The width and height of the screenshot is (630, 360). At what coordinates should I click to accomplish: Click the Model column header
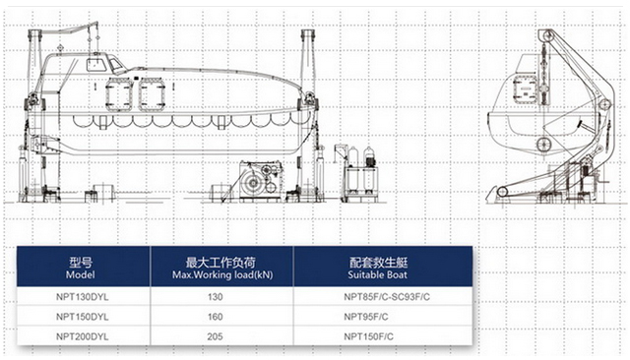coord(81,269)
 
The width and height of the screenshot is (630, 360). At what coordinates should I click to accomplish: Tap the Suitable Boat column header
coord(378,269)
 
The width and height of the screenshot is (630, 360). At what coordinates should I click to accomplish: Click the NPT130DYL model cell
coord(83,297)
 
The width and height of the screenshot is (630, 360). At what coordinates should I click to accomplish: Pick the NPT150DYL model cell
coord(83,317)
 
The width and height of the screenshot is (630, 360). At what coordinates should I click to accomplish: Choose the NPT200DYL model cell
coord(83,336)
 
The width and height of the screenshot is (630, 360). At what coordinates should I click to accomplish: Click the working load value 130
coord(215,297)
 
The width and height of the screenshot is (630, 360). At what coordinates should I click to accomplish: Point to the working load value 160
coord(215,317)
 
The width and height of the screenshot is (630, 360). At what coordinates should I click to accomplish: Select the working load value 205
coord(215,336)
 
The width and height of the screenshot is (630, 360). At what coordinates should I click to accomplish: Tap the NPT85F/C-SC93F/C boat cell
coord(387,297)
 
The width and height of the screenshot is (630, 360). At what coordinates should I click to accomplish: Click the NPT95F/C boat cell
coord(366,317)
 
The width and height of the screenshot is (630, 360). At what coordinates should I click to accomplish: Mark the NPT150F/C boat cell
coord(368,336)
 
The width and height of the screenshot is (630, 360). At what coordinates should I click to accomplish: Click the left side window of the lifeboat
coord(119,94)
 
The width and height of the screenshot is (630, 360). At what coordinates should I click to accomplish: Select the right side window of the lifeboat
coord(152,94)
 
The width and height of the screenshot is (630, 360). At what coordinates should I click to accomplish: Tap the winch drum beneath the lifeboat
coord(254,183)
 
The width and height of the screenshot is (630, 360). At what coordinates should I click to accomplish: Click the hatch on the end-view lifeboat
coord(525,89)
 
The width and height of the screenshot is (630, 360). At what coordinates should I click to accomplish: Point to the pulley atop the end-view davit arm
coord(546,36)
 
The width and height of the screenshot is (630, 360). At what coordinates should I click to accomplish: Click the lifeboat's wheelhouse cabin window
coord(96,64)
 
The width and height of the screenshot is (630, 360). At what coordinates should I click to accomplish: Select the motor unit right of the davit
coord(361,174)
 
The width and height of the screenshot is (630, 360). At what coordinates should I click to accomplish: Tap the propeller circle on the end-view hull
coord(543,144)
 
